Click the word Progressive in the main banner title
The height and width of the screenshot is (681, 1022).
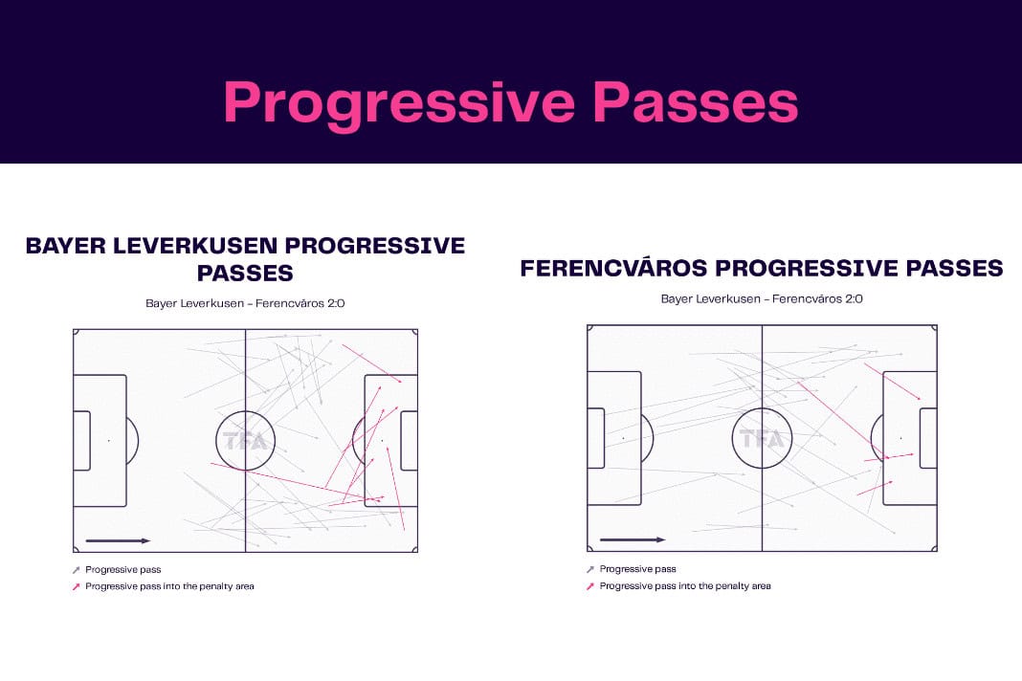click(x=399, y=103)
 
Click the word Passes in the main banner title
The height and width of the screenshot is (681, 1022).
click(x=696, y=102)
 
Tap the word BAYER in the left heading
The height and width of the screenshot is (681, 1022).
click(x=65, y=246)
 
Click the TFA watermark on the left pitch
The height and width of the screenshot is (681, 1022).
click(x=245, y=441)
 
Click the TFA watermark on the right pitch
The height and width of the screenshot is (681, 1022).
click(x=762, y=439)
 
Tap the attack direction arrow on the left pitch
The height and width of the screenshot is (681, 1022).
click(x=118, y=541)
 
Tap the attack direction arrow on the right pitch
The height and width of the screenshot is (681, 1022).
click(x=633, y=539)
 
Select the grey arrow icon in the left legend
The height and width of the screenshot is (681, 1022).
click(x=76, y=570)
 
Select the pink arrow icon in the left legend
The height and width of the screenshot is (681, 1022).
click(x=76, y=586)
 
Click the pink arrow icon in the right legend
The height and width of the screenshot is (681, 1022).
click(x=589, y=586)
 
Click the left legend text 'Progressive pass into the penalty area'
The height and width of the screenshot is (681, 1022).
click(x=169, y=586)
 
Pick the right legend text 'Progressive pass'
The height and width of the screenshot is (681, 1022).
click(x=638, y=569)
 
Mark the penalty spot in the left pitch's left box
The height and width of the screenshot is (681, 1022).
click(x=109, y=441)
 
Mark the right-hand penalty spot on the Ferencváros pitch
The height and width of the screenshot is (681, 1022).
click(x=900, y=439)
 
